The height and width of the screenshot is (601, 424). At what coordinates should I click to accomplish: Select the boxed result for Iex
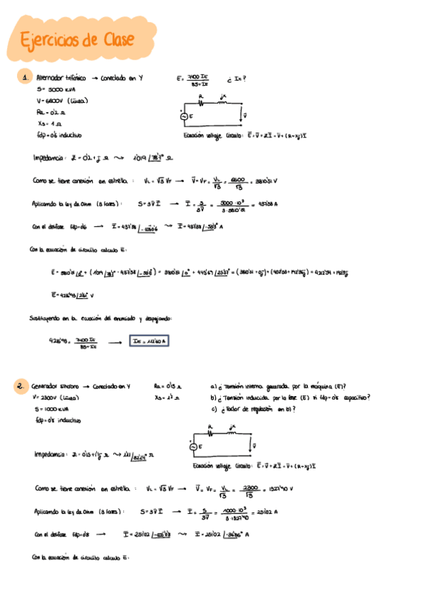coord(149,341)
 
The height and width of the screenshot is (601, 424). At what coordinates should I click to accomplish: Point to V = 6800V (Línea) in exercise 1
coord(62,101)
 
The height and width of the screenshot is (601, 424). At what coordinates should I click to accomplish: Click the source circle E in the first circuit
coord(186,117)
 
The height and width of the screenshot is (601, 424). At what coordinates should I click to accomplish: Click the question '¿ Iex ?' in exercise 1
coord(236,79)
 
